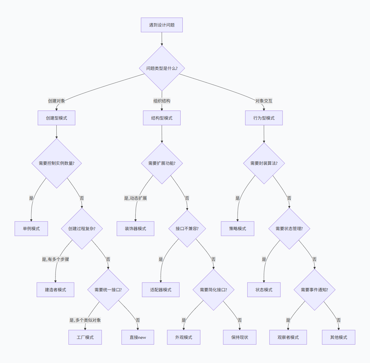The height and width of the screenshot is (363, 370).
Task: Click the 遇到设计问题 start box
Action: pos(162,25)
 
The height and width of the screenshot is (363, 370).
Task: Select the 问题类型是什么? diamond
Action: pos(162,68)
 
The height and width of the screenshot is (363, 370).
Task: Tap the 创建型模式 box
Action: pos(56,118)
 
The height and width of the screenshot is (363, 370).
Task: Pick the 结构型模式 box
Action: pos(162,118)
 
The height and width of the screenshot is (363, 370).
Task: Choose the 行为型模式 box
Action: pos(264,118)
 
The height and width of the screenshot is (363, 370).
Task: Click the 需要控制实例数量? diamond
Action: pos(56,163)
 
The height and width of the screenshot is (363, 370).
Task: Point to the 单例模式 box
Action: pos(31,229)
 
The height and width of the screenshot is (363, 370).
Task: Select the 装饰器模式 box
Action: pos(135,229)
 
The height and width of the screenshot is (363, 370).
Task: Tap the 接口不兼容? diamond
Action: pos(187,229)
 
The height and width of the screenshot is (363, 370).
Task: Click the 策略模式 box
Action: pos(238,229)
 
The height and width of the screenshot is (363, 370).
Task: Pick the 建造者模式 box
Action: pos(55,290)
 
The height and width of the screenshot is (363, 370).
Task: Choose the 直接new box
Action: pos(138,337)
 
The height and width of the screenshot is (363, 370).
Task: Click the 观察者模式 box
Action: pos(288,337)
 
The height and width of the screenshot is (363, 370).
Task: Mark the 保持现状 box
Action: pos(240,337)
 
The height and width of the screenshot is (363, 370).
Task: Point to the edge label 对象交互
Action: pos(264,101)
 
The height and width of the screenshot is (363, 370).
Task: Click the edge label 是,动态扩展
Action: pos(135,198)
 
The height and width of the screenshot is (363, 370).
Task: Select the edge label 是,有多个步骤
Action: pos(55,259)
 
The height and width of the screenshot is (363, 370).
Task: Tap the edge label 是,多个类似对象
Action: pos(85,320)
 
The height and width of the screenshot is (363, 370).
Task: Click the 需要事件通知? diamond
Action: pos(315,290)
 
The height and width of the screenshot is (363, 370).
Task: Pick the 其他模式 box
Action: pos(339,337)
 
